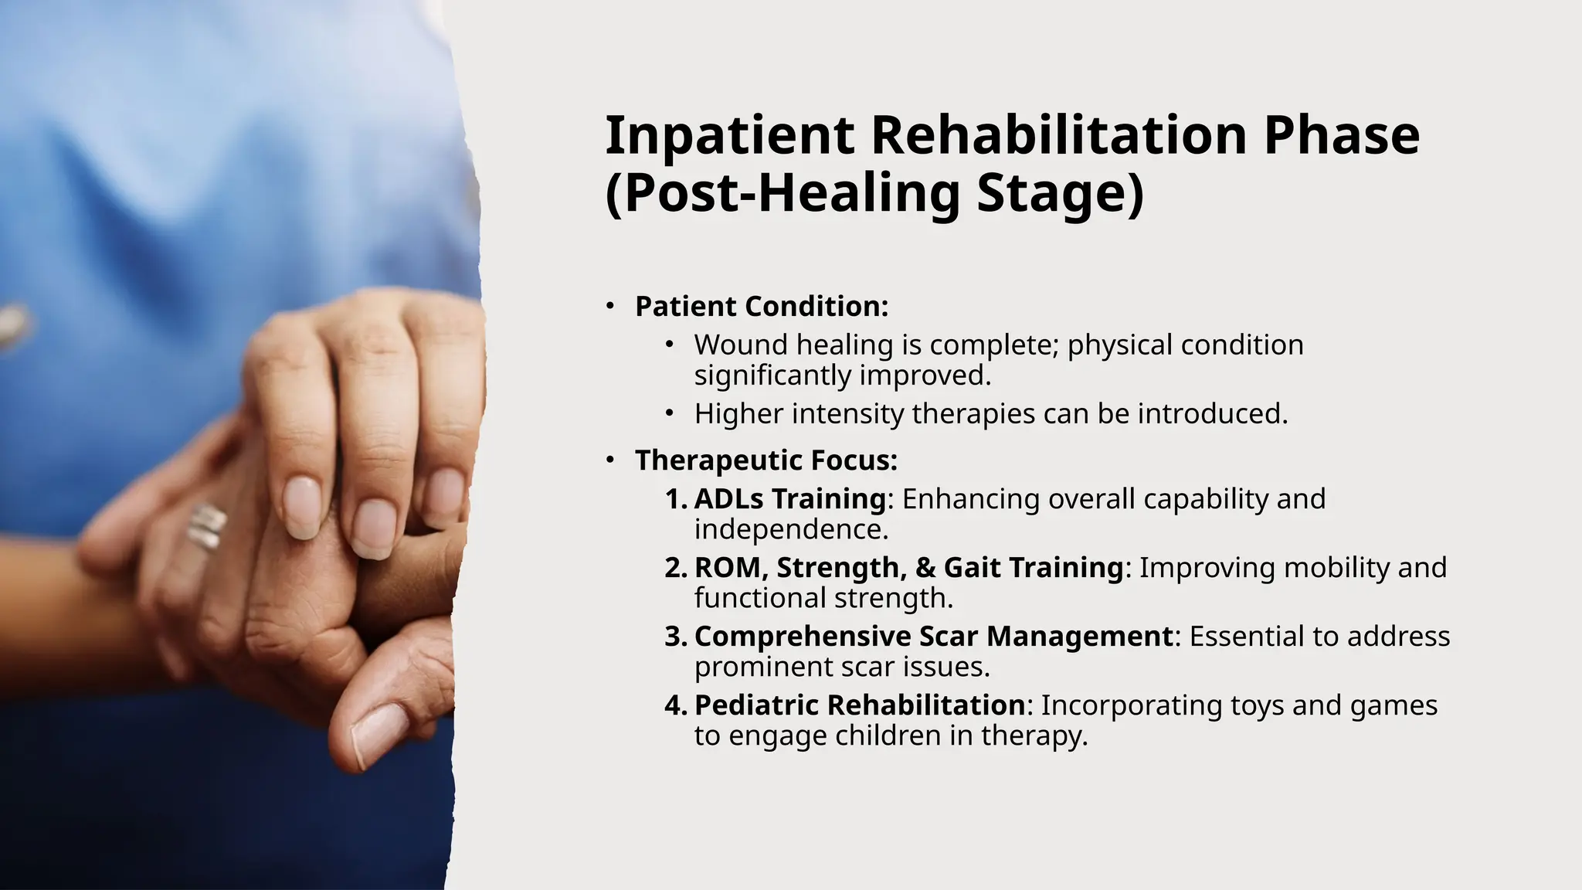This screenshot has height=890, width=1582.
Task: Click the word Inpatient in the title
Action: coord(729,135)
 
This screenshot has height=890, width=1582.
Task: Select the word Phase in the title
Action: coord(1341,135)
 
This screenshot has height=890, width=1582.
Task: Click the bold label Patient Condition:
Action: coord(762,307)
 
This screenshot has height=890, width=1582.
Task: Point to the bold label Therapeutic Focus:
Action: coord(766,460)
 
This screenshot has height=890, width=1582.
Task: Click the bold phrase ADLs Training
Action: coord(789,499)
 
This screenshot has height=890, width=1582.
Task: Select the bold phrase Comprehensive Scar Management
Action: coord(933,637)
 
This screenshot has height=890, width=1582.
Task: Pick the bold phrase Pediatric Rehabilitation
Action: coord(859,705)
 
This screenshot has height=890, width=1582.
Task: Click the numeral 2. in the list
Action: coord(675,568)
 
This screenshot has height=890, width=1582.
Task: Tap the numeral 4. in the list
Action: coord(675,705)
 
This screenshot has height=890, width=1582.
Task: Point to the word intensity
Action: coord(847,414)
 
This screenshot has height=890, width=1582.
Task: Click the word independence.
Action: coord(791,530)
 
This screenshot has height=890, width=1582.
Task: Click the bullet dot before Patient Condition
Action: coord(609,307)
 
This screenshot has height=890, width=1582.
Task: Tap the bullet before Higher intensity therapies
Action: coord(669,414)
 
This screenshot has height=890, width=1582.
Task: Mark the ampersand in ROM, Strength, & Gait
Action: coord(925,568)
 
